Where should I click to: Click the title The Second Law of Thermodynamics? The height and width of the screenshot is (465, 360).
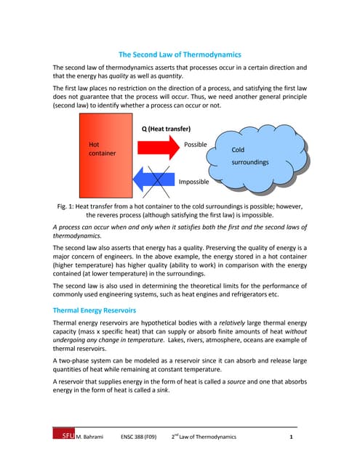pyautogui.click(x=180, y=54)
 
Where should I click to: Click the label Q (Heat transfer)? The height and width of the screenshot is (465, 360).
pyautogui.click(x=171, y=129)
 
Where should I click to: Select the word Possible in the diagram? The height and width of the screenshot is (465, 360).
pyautogui.click(x=196, y=145)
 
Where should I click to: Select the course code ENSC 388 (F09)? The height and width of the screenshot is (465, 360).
pyautogui.click(x=137, y=437)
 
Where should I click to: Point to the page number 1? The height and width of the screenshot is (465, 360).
pyautogui.click(x=291, y=437)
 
